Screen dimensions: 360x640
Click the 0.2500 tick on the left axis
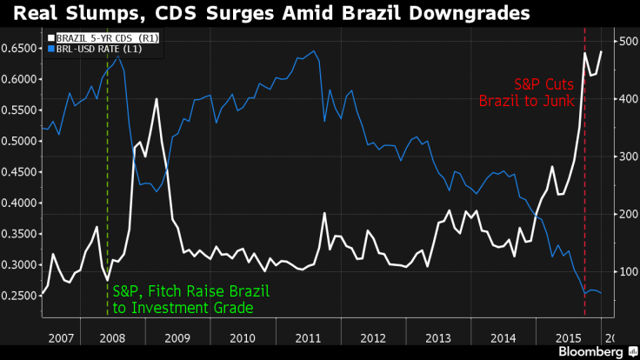18,296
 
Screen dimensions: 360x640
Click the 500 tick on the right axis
625,41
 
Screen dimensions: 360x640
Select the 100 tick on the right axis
625,272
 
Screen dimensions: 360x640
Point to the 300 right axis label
625,157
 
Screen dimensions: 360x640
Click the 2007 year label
60,337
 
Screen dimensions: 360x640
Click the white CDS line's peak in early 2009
157,99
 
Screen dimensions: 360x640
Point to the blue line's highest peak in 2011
314,51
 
